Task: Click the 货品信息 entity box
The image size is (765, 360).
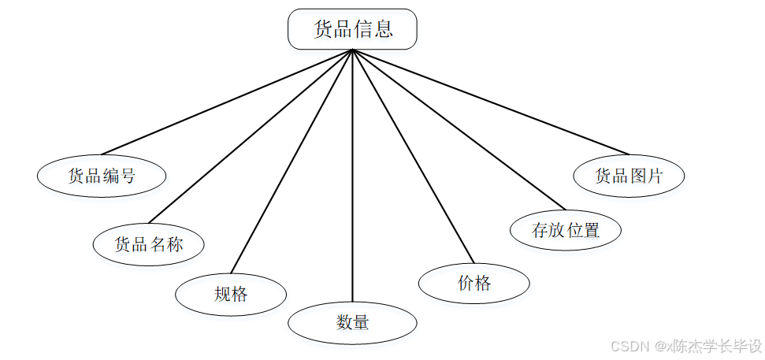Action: (352, 30)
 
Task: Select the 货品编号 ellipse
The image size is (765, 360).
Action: (102, 176)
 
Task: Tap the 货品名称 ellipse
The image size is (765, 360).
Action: (149, 244)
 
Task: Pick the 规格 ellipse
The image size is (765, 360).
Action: (231, 295)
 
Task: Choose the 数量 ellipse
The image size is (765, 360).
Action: (352, 322)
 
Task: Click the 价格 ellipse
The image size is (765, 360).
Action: (473, 284)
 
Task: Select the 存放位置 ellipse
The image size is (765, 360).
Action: (566, 231)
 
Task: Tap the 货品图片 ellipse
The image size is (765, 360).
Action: (629, 176)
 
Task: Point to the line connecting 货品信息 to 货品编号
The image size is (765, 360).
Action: (227, 102)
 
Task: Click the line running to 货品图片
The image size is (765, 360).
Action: (491, 102)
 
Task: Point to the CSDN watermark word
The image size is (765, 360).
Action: (629, 346)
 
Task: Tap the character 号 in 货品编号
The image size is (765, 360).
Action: (128, 176)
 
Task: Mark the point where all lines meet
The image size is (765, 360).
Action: (352, 50)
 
